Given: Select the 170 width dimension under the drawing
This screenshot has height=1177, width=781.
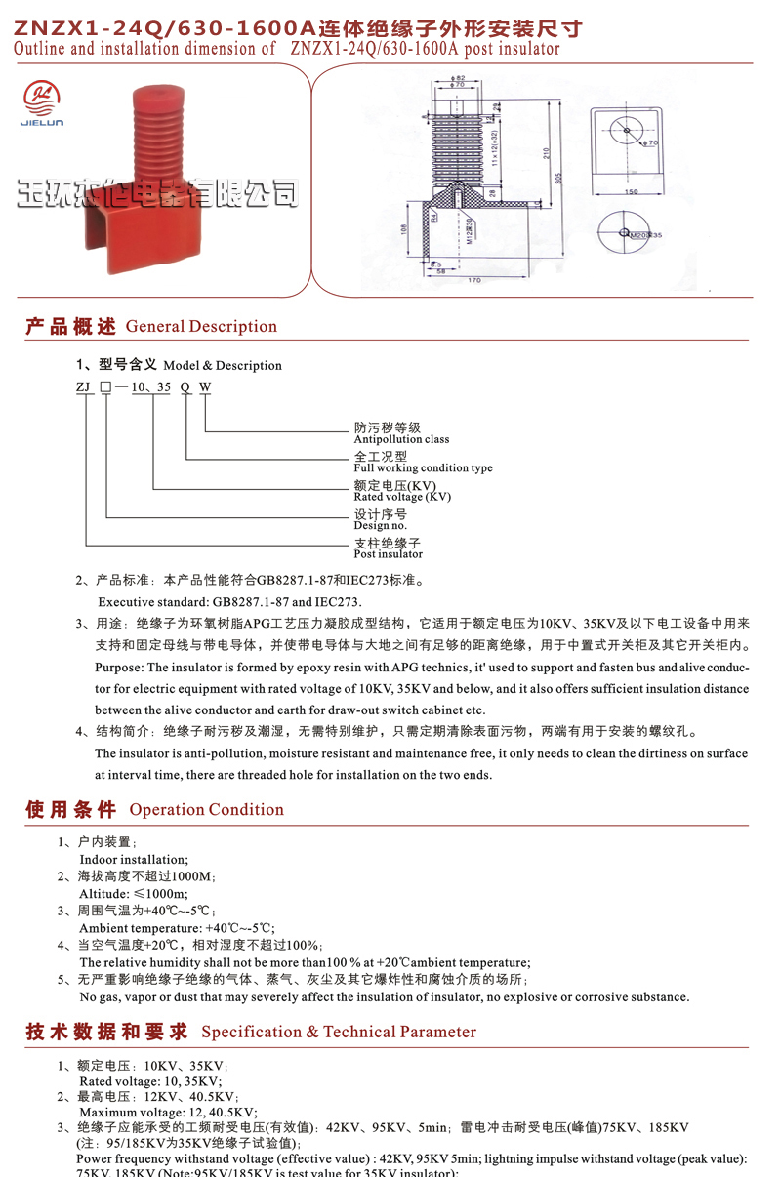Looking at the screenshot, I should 474,281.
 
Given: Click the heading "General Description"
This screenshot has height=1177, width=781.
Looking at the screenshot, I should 201,327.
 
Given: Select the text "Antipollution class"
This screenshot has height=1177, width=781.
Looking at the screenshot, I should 401,439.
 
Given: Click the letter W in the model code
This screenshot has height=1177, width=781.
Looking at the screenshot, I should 205,386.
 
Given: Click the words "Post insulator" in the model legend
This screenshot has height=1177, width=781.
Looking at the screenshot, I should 388,553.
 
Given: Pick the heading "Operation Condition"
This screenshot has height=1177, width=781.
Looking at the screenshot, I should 206,809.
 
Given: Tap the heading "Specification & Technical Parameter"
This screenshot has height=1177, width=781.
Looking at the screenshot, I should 339,1032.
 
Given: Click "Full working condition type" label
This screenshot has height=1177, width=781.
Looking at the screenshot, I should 423,467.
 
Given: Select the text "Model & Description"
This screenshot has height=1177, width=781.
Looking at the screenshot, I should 223,366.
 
